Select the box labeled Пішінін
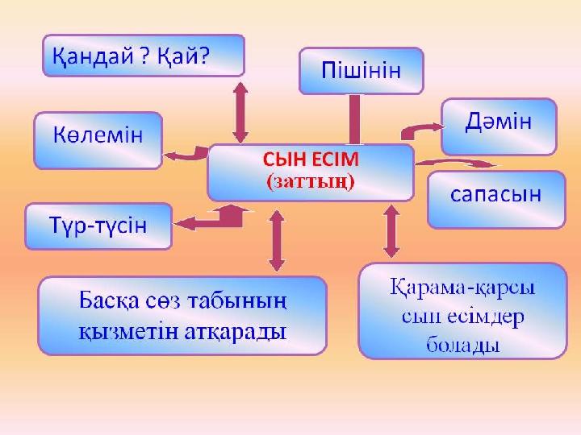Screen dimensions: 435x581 tap(362, 70)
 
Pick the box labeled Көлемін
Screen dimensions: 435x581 tap(98, 138)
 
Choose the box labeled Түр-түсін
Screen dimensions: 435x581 tap(99, 225)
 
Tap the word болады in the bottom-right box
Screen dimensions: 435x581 tap(462, 346)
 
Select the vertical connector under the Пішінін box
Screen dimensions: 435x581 tap(353, 119)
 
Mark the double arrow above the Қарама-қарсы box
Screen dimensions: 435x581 tap(392, 230)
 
